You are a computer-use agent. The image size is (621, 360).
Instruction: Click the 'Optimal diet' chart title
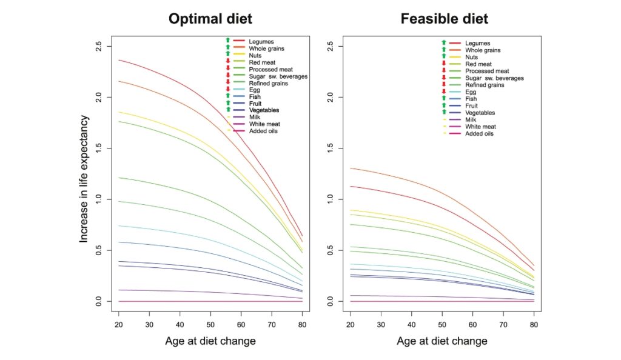click(210, 19)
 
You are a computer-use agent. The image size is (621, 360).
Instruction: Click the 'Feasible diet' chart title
click(444, 19)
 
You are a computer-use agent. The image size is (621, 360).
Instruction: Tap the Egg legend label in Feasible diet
click(471, 92)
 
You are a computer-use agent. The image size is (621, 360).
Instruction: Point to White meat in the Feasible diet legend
click(481, 127)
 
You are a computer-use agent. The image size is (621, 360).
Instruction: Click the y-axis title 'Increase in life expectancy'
click(84, 179)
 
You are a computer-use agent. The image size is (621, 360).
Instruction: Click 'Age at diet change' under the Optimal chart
click(210, 341)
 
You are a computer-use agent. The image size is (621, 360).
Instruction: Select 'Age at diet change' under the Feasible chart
click(442, 341)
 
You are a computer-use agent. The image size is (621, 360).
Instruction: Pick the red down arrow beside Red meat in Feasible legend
click(444, 64)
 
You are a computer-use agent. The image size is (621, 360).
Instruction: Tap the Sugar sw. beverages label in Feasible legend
click(494, 78)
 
